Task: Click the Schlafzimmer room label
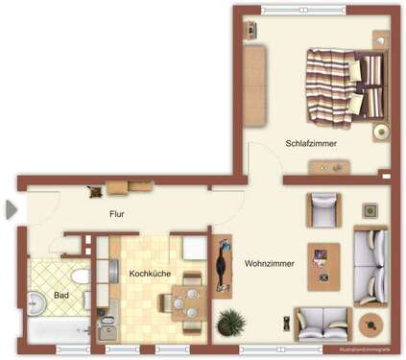click(310, 143)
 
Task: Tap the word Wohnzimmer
click(268, 262)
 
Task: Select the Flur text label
click(116, 214)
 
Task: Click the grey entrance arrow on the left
click(11, 209)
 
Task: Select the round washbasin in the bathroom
click(37, 303)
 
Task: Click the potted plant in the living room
click(230, 322)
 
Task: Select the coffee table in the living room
click(323, 266)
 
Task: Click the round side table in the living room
click(369, 324)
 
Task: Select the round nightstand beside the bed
click(381, 132)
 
